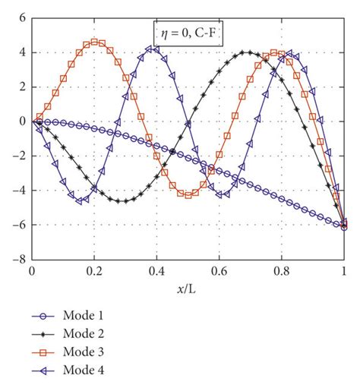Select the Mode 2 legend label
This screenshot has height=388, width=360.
84,335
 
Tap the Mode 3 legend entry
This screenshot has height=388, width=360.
84,352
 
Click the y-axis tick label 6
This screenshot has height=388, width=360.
21,17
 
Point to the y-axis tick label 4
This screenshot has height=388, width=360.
21,52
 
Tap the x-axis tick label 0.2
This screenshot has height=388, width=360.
93,271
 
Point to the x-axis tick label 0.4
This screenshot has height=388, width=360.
156,271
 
